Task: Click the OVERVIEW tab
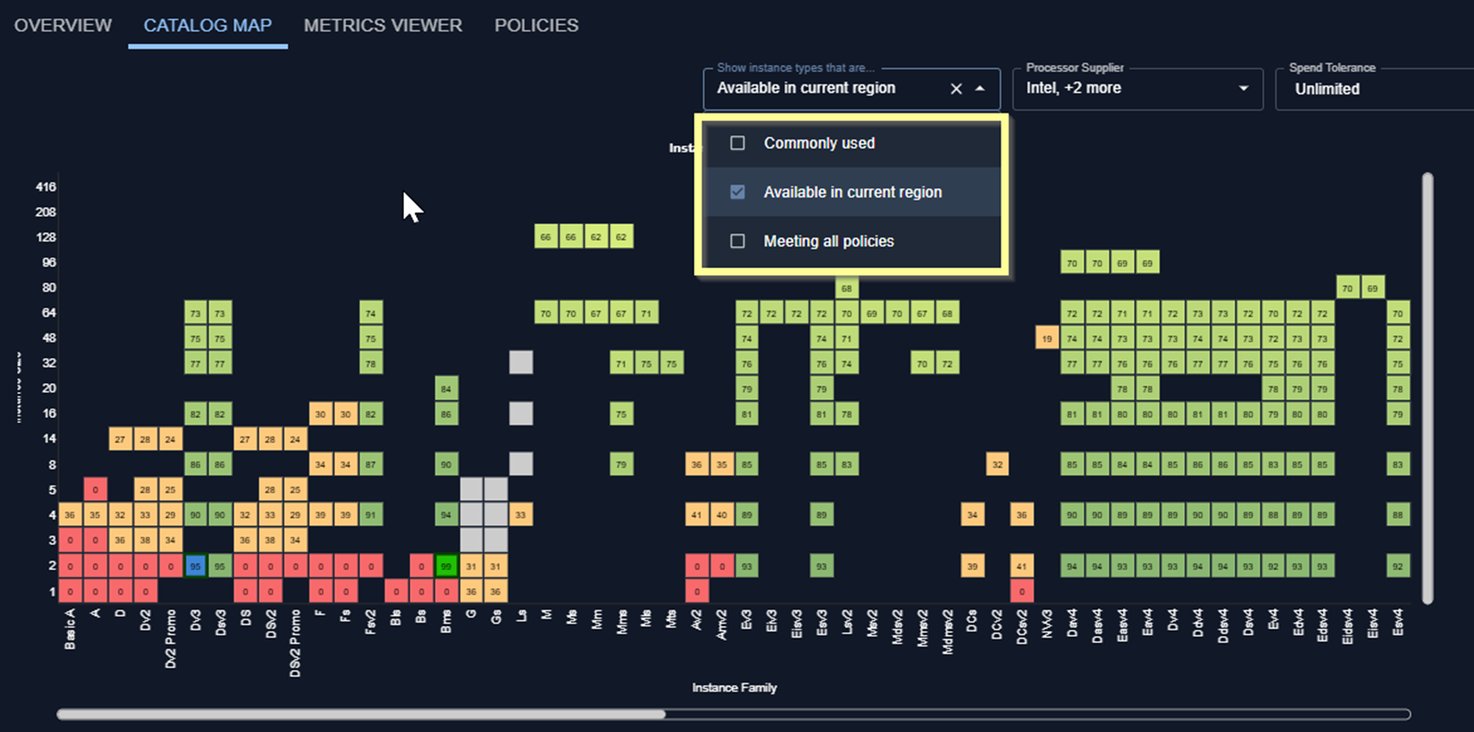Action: pyautogui.click(x=63, y=25)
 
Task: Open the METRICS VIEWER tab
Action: pyautogui.click(x=383, y=25)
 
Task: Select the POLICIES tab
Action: pyautogui.click(x=536, y=25)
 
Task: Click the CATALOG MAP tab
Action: pyautogui.click(x=207, y=25)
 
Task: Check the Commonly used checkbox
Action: pyautogui.click(x=738, y=143)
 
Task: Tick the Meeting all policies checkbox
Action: pyautogui.click(x=738, y=241)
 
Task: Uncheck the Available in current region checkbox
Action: pyautogui.click(x=738, y=192)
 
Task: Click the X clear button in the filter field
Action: pyautogui.click(x=956, y=89)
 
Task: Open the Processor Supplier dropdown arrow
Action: pyautogui.click(x=1243, y=89)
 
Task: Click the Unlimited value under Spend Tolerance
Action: pyautogui.click(x=1327, y=89)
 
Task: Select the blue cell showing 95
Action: pyautogui.click(x=195, y=566)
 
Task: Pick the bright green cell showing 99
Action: pyautogui.click(x=447, y=566)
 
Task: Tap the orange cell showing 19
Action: pyautogui.click(x=1047, y=338)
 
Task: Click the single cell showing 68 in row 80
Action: pyautogui.click(x=847, y=288)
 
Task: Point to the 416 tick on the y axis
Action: pyautogui.click(x=46, y=188)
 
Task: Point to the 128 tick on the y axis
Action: pyautogui.click(x=46, y=237)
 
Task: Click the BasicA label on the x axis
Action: pyautogui.click(x=70, y=629)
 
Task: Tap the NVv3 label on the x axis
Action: pyautogui.click(x=1047, y=624)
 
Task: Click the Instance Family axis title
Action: pyautogui.click(x=735, y=688)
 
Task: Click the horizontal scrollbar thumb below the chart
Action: pyautogui.click(x=361, y=715)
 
